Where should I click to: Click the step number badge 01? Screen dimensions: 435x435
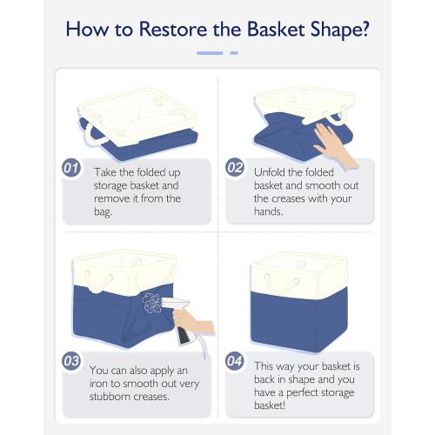[x=71, y=168]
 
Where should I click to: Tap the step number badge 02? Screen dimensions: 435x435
[x=235, y=167]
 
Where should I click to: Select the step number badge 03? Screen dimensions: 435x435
[x=71, y=361]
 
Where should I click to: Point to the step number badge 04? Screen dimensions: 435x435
[x=234, y=361]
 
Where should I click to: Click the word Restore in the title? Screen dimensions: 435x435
[x=173, y=30]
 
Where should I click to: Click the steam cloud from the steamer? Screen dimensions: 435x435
[x=152, y=303]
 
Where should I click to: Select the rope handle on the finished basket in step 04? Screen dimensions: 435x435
[x=282, y=282]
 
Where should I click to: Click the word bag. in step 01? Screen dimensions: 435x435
[x=103, y=211]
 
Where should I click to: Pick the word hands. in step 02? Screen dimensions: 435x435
[x=268, y=211]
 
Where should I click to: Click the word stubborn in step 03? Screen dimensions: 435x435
[x=109, y=397]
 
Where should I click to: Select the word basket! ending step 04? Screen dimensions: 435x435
[x=270, y=405]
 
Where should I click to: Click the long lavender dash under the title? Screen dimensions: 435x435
[x=210, y=53]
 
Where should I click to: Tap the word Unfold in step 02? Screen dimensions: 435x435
[x=269, y=172]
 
